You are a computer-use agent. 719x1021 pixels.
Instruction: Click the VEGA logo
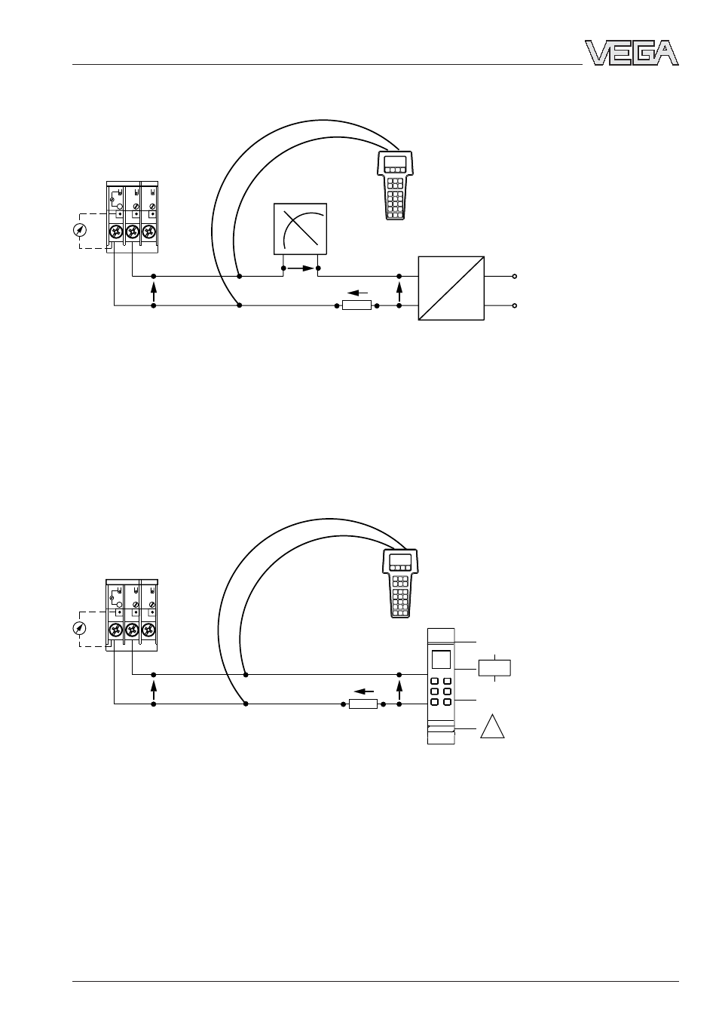click(632, 53)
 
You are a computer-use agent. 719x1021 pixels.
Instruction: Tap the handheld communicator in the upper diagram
click(395, 185)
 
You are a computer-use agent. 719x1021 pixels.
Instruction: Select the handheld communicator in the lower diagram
click(399, 583)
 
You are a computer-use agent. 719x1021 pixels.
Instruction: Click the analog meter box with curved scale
click(300, 228)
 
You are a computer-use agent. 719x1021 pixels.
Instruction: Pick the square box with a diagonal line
click(451, 288)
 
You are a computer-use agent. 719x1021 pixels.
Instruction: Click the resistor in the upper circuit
click(356, 305)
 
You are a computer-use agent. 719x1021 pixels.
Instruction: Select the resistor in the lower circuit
click(363, 704)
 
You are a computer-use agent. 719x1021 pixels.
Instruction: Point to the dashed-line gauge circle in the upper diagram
click(80, 230)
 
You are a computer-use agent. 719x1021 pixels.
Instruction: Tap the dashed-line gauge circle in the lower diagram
click(79, 629)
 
